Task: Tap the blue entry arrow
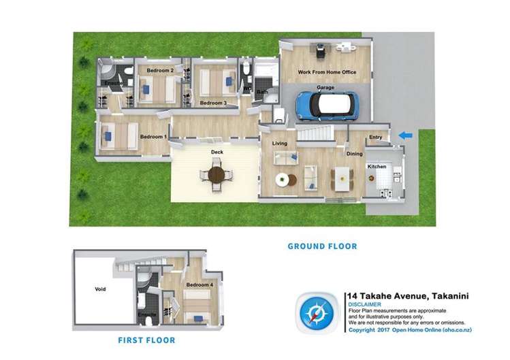point(405,136)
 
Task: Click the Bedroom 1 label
point(153,137)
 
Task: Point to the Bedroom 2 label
point(161,70)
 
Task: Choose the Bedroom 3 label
point(212,103)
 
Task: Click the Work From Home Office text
point(325,73)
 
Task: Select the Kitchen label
point(377,166)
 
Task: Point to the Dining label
point(355,154)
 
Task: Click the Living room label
point(280,144)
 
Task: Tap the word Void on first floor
point(100,289)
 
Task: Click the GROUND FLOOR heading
point(322,246)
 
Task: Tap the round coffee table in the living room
point(281,180)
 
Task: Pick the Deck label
point(217,152)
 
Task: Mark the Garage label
point(325,88)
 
